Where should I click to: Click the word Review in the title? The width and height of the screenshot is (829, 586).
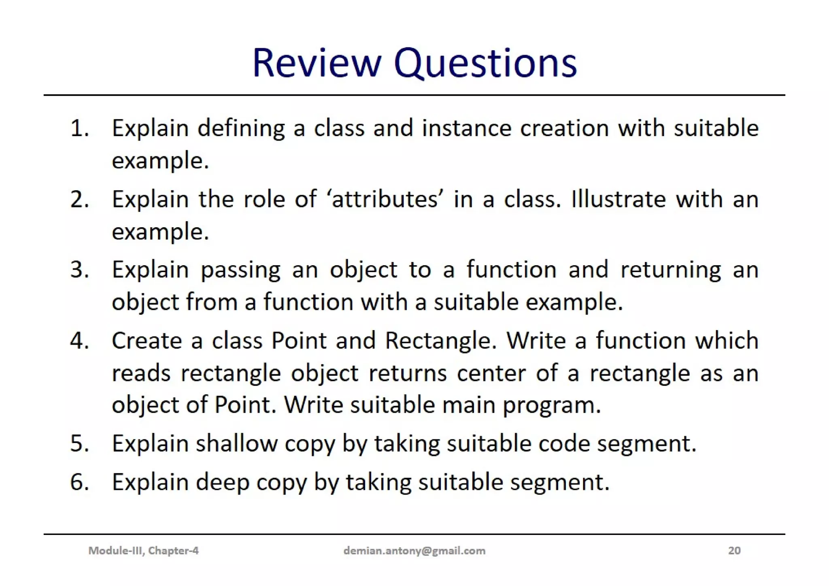317,63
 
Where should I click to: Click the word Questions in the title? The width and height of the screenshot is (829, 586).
485,63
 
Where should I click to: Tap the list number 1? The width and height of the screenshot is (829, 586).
79,129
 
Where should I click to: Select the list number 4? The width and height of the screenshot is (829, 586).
79,341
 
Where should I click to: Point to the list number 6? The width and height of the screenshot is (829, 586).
79,482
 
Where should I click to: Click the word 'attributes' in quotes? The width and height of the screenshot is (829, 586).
385,199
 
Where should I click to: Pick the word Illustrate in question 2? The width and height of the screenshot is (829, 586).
618,199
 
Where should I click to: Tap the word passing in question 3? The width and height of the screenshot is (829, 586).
240,270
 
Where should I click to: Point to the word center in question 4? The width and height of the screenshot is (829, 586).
491,373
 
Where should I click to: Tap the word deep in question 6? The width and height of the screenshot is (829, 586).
223,482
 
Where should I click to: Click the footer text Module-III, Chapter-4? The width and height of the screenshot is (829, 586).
143,551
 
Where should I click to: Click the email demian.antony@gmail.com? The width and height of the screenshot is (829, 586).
414,551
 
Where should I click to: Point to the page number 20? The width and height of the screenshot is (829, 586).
734,551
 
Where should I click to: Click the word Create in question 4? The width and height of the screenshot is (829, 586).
147,341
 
